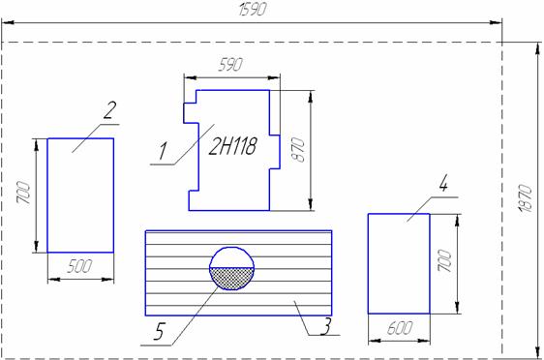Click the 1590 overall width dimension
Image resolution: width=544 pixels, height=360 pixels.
click(x=253, y=10)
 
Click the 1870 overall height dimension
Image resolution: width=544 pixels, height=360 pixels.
click(x=526, y=198)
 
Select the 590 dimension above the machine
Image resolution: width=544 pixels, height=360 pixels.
click(x=230, y=65)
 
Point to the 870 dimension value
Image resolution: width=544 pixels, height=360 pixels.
click(x=298, y=150)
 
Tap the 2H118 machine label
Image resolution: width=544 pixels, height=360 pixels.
click(x=232, y=146)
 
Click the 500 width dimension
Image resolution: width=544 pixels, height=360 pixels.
click(x=79, y=266)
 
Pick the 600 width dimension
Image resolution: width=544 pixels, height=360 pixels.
click(x=400, y=328)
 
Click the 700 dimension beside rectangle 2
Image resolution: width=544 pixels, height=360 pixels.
click(x=23, y=193)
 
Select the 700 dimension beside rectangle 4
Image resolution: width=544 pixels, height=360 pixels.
click(x=444, y=260)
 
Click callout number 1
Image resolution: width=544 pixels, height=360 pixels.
click(x=163, y=152)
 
